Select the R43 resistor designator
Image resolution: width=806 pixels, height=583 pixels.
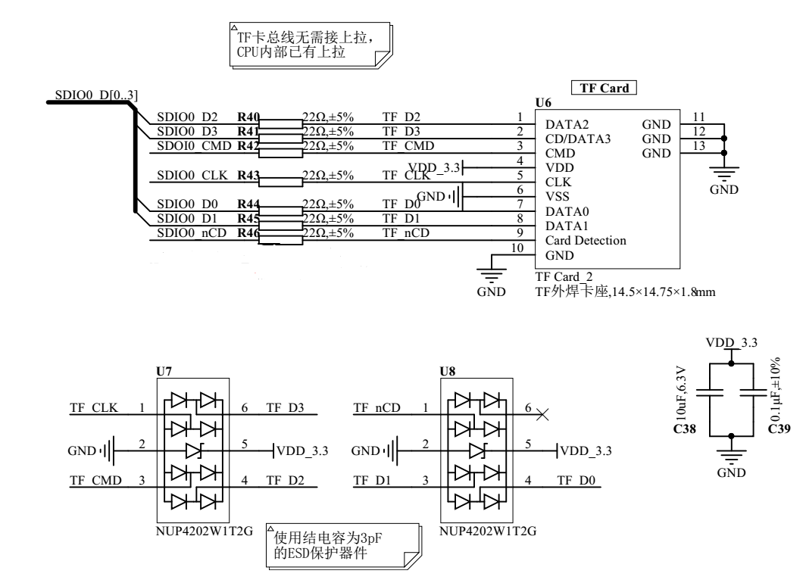tap(248, 176)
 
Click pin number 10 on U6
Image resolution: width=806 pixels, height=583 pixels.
tap(517, 248)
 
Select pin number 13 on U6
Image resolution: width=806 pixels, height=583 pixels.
tap(698, 146)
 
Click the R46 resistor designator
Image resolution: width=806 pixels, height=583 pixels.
tap(248, 233)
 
